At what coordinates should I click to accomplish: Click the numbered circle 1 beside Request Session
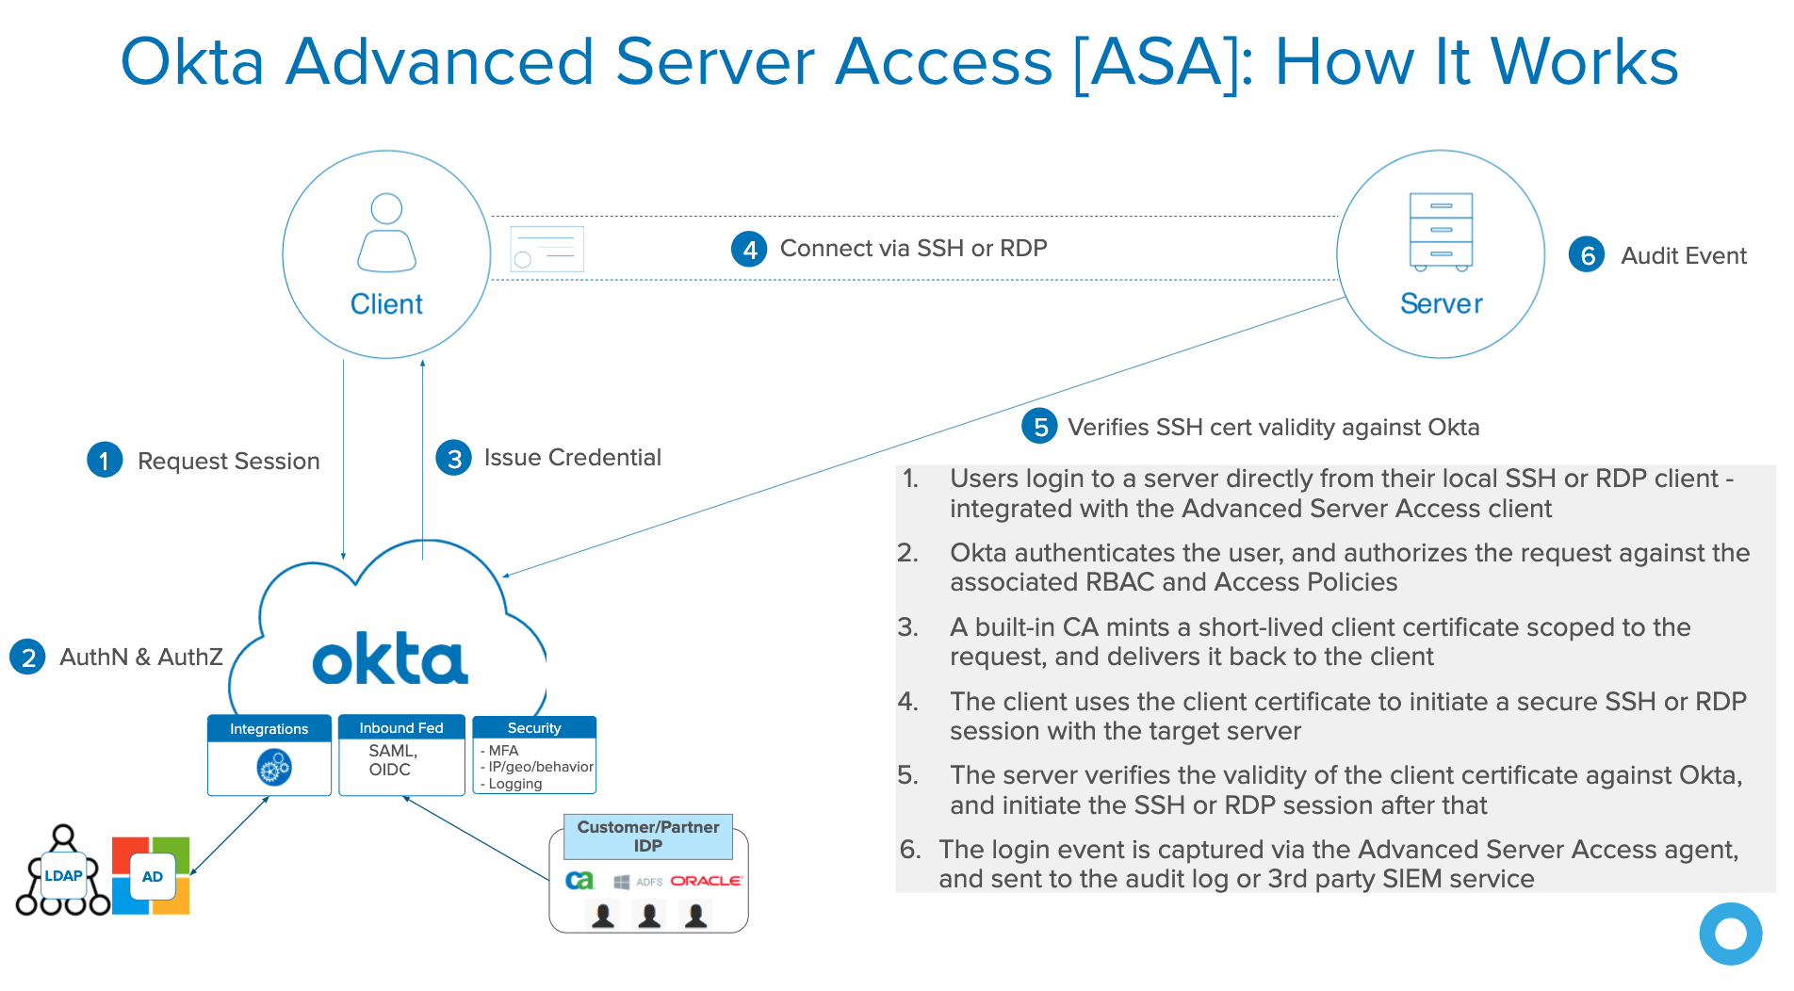(105, 460)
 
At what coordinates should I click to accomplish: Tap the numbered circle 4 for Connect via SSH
(749, 249)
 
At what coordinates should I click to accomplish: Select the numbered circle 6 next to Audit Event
(1587, 254)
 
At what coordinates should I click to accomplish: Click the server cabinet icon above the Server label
(1441, 232)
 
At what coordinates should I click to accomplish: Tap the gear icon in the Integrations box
(273, 768)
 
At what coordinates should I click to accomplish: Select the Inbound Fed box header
(401, 727)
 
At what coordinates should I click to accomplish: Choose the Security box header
(534, 727)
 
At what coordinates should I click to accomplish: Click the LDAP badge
(64, 875)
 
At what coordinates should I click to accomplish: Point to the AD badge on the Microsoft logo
(152, 876)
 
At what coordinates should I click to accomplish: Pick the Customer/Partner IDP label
(648, 836)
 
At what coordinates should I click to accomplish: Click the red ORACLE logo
(706, 881)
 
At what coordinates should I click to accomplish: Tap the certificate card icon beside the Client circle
(546, 250)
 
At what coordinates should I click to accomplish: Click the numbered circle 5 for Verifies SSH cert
(1040, 427)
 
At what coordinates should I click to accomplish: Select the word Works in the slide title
(1584, 62)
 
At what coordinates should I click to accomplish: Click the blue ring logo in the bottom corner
(1730, 934)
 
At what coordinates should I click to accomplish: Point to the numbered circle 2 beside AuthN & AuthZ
(28, 657)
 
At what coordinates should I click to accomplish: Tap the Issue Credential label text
(572, 458)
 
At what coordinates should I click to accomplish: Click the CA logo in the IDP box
(579, 880)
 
